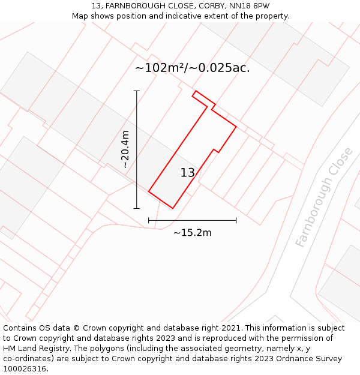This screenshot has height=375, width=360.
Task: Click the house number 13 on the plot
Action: pos(188,173)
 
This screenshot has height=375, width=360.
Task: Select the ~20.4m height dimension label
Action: pos(125,149)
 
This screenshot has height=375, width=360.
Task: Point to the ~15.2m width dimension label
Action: pos(193,233)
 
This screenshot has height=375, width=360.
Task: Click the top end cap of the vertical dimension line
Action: pos(137,91)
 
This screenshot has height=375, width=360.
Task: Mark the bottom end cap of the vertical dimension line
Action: pos(137,208)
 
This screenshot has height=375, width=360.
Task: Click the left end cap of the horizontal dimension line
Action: pos(149,221)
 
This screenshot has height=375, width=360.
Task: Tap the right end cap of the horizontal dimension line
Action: pos(236,221)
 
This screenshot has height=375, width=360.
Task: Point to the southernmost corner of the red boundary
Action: pos(173,208)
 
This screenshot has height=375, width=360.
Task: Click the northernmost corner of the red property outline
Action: pos(195,91)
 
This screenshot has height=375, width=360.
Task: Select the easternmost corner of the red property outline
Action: pos(236,127)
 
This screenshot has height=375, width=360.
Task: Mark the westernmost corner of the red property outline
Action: pos(149,192)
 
